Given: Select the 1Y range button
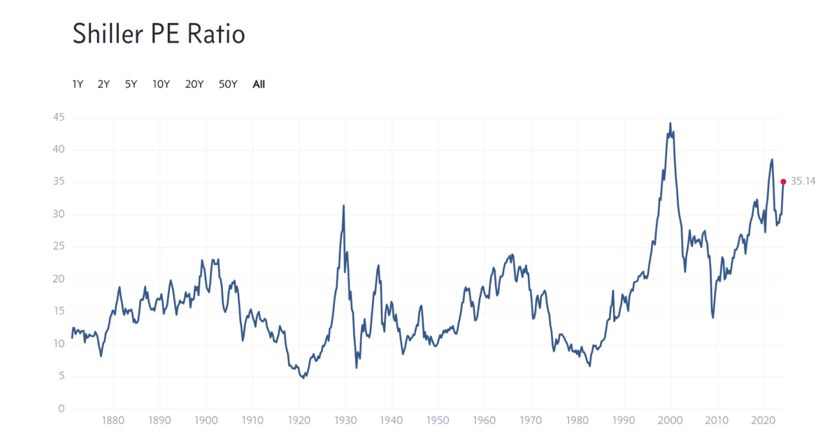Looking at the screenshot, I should pos(78,84).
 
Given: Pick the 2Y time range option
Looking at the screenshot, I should pos(103,84).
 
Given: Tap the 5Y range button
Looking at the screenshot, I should pos(131,84).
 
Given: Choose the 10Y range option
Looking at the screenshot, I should pos(161,84).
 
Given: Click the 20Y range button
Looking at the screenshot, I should pos(194,84).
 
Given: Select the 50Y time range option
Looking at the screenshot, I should pos(228,84).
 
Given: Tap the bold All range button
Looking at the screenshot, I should pos(259,84).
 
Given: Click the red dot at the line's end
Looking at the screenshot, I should pos(783,181).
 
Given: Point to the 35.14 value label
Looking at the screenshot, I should pos(804,181).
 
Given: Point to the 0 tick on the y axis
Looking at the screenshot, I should pos(62,409).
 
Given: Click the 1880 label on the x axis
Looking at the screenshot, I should pos(113,422).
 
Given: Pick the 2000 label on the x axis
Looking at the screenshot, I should pos(671,422).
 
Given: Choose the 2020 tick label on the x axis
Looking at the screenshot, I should pos(763,422).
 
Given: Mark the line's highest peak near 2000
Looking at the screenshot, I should pos(671,123).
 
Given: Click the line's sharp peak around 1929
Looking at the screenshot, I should pos(343,205).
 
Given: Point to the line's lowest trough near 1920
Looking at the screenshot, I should pos(303,378).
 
